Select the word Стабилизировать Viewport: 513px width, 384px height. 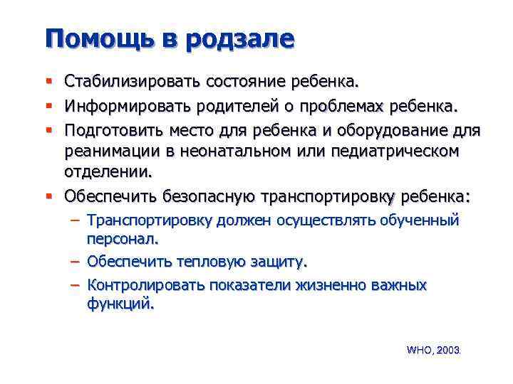(133, 82)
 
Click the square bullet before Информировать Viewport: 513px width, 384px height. (48, 107)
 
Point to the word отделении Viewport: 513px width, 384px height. (108, 171)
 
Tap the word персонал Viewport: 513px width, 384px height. (122, 240)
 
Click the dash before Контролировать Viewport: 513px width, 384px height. (75, 284)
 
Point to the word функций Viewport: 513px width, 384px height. (120, 304)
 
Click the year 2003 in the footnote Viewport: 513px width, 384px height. (448, 351)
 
